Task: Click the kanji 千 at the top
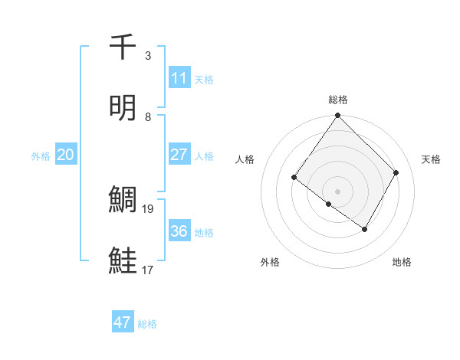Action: click(x=123, y=47)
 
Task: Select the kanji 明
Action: click(x=123, y=108)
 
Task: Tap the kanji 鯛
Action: click(x=123, y=200)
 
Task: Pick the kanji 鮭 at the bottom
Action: click(x=123, y=261)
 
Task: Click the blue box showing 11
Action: click(x=179, y=78)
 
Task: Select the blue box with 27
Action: click(x=179, y=155)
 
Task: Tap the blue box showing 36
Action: click(x=179, y=231)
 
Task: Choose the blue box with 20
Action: click(x=65, y=155)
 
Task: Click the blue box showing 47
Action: click(x=123, y=322)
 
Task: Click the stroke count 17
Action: click(x=148, y=270)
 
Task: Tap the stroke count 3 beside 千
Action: click(x=148, y=55)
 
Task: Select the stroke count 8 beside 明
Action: click(x=148, y=116)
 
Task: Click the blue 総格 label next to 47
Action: click(x=147, y=324)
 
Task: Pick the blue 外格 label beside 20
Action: click(x=41, y=156)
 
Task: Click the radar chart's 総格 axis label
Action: click(x=338, y=100)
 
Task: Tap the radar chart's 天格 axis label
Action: click(x=432, y=159)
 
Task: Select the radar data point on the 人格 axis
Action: click(x=294, y=178)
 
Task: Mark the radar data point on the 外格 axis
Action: click(x=329, y=205)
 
